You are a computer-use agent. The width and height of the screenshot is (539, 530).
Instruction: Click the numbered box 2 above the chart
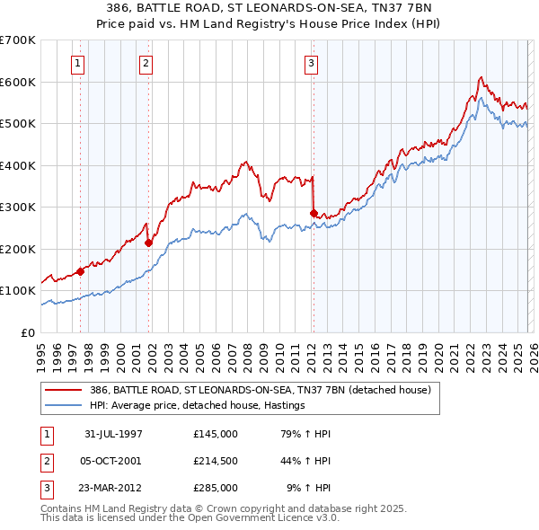click(146, 63)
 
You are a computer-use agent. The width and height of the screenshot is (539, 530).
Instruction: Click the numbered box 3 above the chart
click(311, 63)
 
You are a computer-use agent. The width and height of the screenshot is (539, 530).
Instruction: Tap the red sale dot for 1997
click(81, 270)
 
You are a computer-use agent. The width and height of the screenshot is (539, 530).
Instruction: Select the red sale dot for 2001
click(148, 243)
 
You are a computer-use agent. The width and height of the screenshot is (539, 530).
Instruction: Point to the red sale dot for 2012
click(314, 214)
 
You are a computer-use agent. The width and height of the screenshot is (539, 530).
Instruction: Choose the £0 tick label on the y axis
click(28, 332)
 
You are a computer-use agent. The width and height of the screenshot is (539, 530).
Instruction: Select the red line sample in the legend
click(65, 391)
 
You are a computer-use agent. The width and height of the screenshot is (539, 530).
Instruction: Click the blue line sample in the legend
click(65, 405)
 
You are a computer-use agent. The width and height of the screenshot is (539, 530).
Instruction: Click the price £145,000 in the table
click(215, 434)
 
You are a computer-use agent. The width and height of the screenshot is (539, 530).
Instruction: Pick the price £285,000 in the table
click(215, 488)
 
